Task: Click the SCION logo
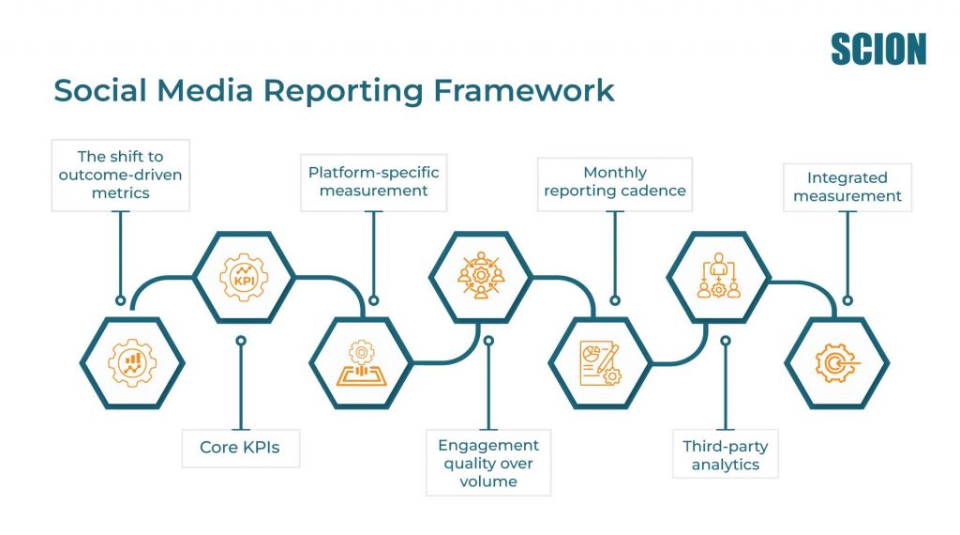(877, 49)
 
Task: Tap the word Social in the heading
(99, 90)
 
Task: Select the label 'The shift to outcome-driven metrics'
(119, 176)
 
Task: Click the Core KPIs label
(240, 448)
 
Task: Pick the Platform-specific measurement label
(374, 181)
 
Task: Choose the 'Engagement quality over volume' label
(487, 463)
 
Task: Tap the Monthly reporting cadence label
(614, 181)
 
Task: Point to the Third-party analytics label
(725, 455)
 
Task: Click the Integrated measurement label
(847, 186)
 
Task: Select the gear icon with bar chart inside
(132, 363)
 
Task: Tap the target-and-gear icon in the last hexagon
(835, 363)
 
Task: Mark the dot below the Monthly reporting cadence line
(615, 301)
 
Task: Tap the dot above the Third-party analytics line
(725, 341)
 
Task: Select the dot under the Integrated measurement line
(847, 301)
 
